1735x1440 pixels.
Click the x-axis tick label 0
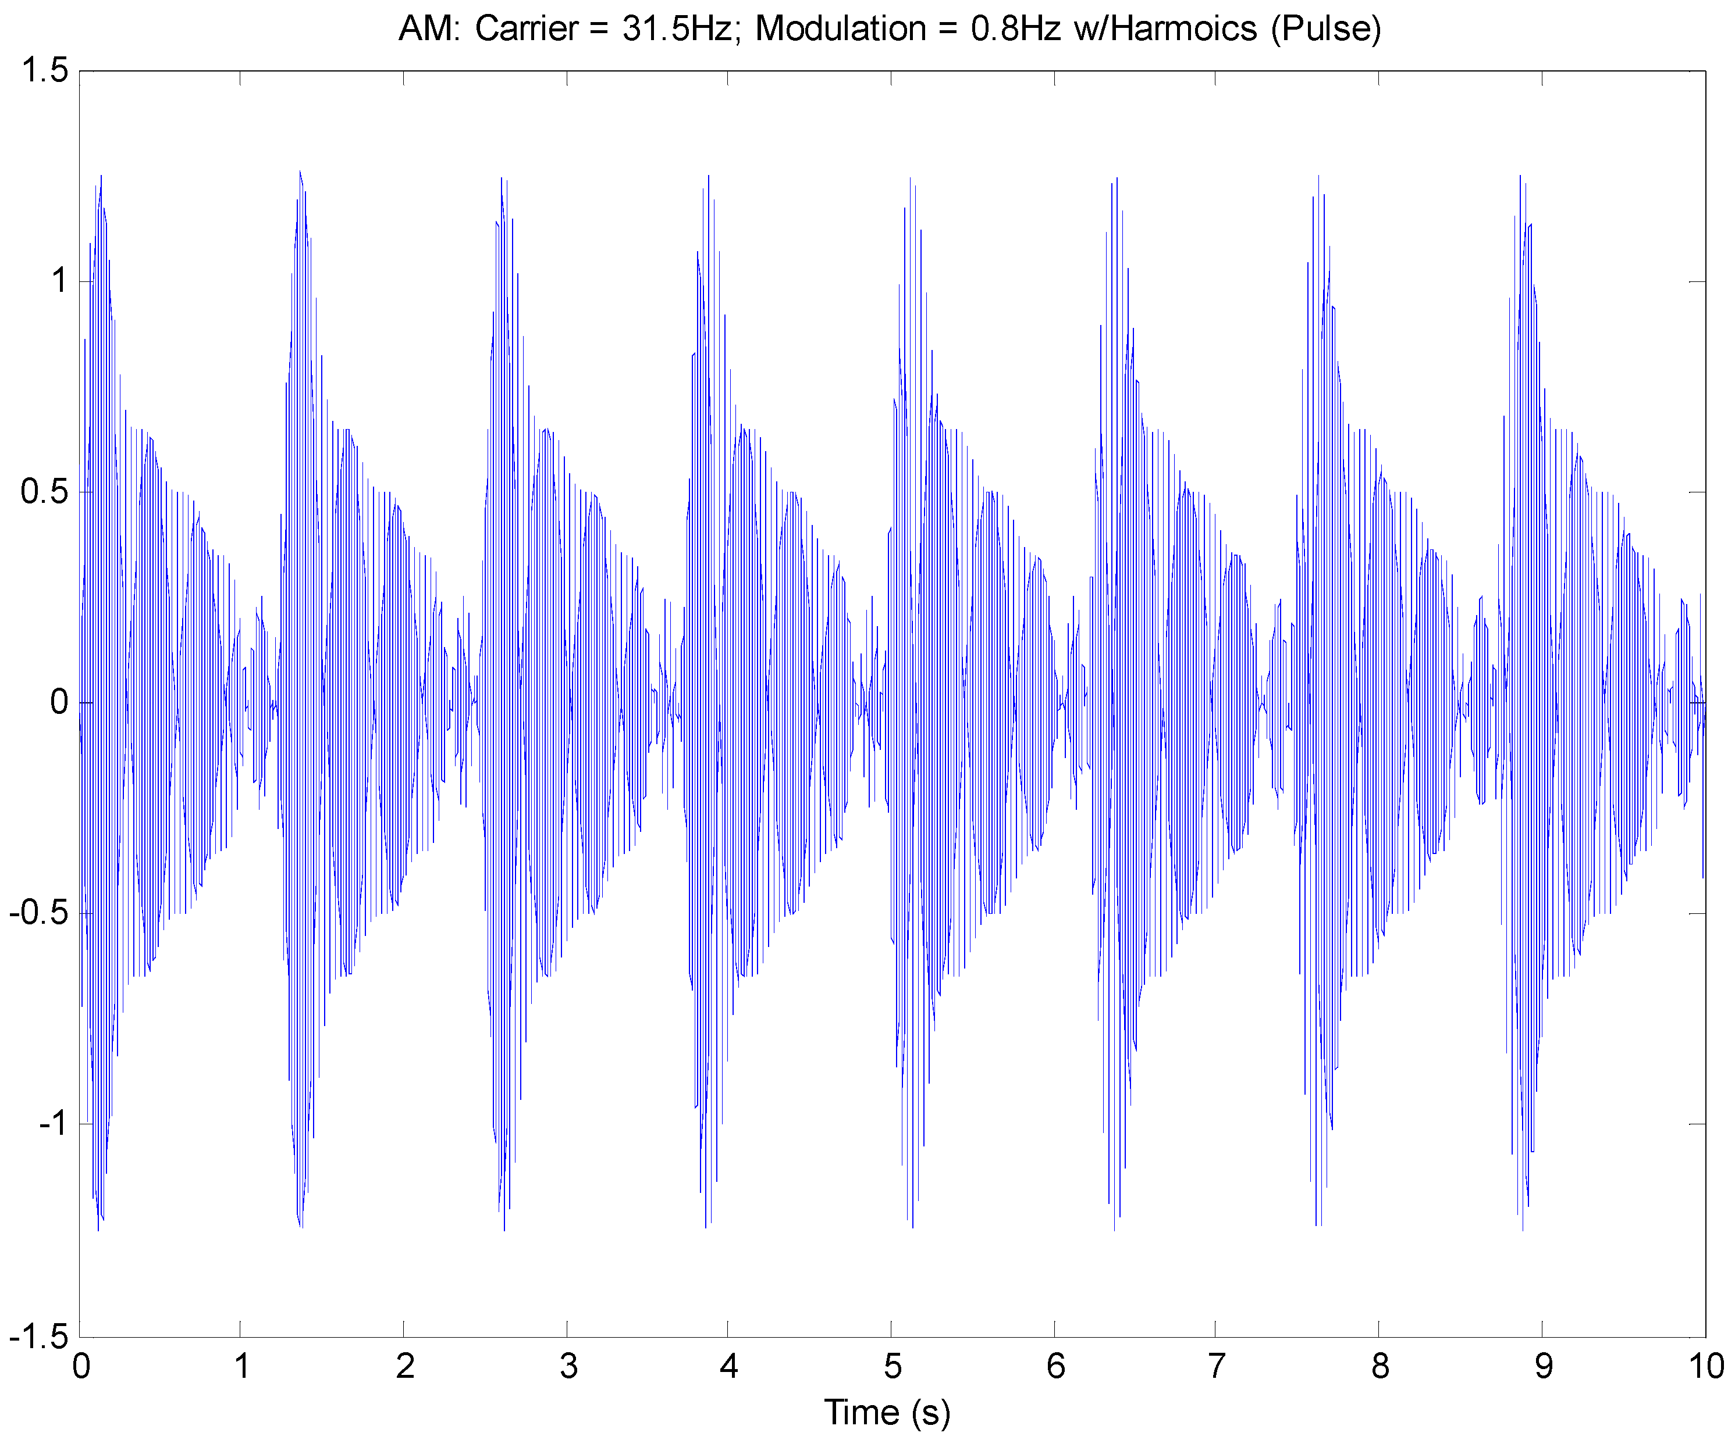coord(80,1367)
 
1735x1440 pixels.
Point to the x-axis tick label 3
coord(568,1367)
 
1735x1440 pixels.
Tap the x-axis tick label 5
coord(893,1367)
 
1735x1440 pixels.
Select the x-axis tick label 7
coord(1216,1367)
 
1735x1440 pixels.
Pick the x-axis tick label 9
coord(1544,1367)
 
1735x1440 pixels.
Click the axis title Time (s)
coord(887,1413)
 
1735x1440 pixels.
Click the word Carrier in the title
coord(527,29)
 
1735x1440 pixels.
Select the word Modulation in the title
coord(840,29)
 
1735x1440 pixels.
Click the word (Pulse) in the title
coord(1325,29)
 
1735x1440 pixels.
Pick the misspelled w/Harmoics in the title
coord(1165,29)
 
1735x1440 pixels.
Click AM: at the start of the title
coord(428,29)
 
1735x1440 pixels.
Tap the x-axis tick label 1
coord(242,1367)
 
